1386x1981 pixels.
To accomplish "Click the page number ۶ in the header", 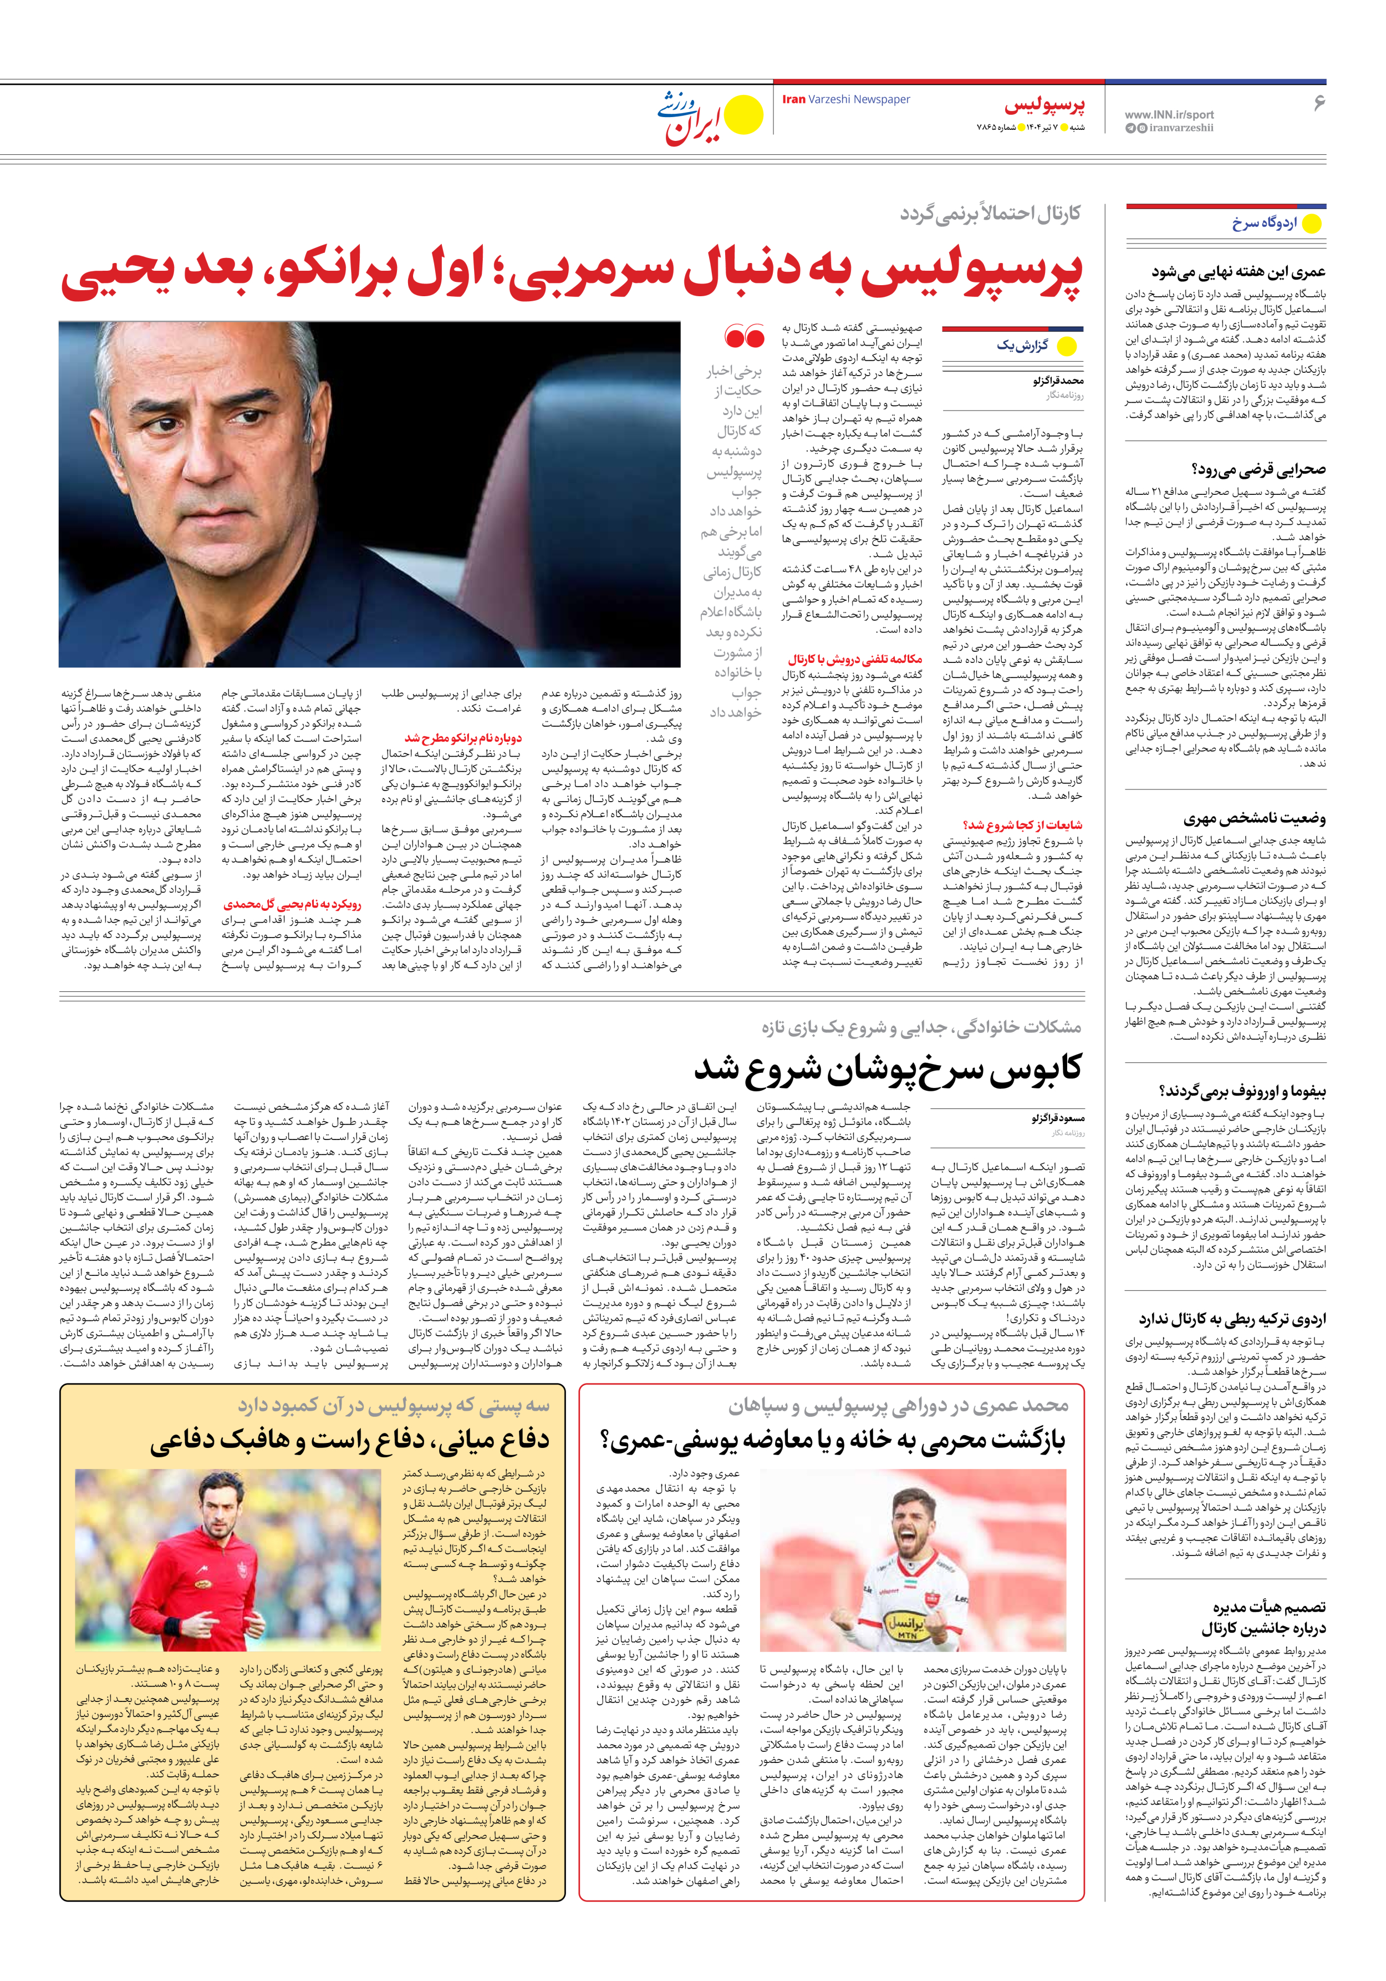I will [1318, 103].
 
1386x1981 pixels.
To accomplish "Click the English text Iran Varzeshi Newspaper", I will [846, 99].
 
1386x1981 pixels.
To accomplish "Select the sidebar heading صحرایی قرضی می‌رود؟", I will [1258, 469].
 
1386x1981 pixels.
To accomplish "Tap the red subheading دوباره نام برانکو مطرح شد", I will [463, 738].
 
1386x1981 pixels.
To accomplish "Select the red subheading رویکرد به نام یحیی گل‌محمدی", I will [292, 904].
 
